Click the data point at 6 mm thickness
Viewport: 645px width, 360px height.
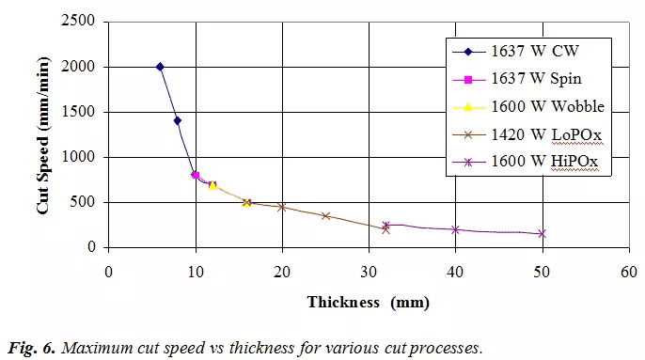point(160,67)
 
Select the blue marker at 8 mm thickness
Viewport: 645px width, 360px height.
point(178,120)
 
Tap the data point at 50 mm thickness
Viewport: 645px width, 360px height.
point(542,233)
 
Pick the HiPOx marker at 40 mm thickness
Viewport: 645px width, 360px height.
point(455,229)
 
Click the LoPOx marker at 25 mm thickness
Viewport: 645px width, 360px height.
point(325,215)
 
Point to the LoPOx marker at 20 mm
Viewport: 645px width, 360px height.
point(282,207)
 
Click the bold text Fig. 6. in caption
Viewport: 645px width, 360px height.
point(34,347)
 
